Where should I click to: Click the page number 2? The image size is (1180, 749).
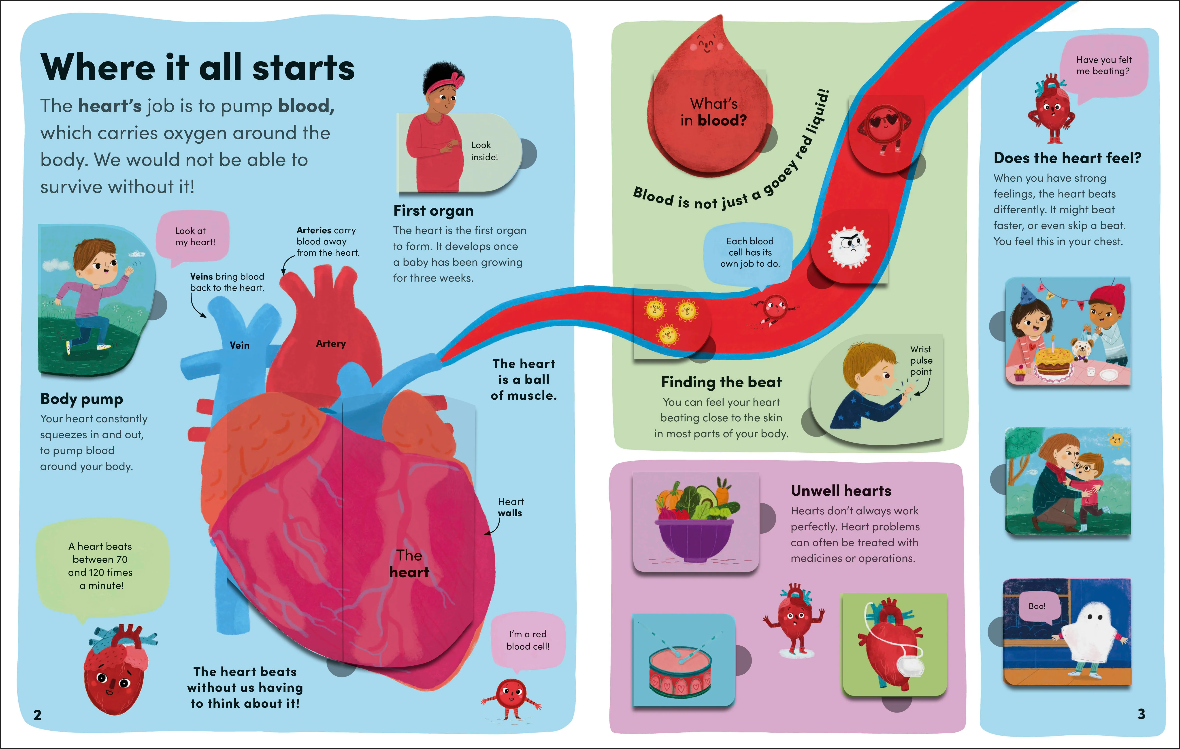37,715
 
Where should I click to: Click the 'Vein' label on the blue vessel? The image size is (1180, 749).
240,345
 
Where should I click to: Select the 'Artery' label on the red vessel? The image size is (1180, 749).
331,344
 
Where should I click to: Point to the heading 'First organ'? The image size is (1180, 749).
433,211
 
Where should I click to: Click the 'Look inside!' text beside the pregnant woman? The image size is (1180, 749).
484,151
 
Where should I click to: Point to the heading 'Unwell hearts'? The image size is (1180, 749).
841,491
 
